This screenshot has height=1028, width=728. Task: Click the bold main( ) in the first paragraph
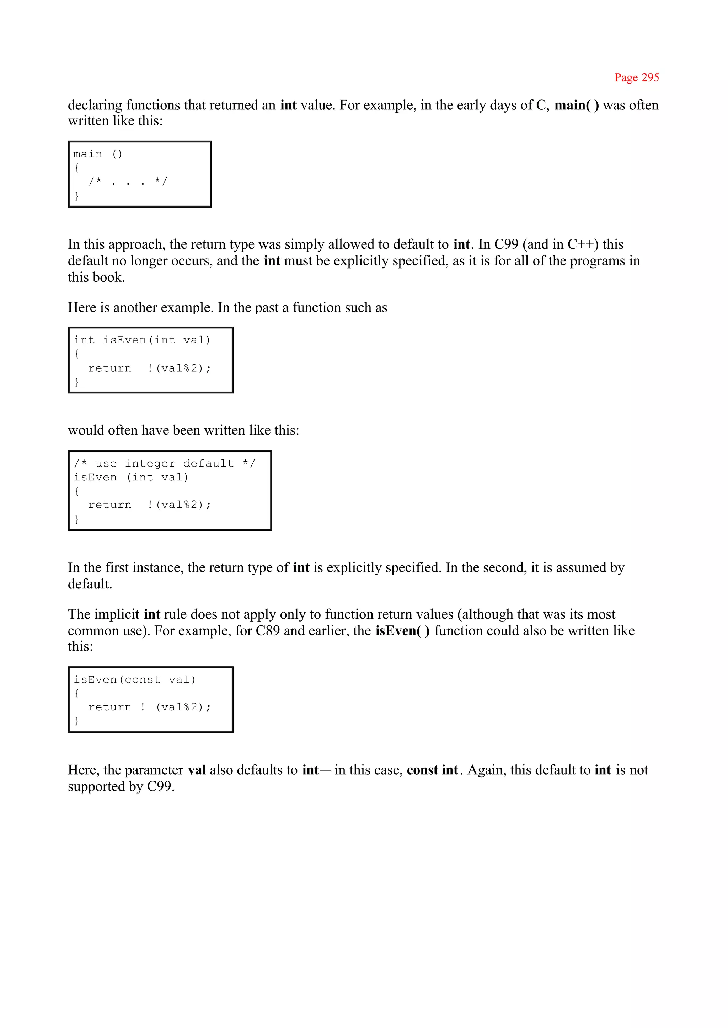(577, 105)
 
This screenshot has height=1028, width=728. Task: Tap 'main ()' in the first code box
(97, 154)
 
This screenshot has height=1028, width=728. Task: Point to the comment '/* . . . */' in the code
(128, 182)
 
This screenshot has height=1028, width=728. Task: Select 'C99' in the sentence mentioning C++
(506, 245)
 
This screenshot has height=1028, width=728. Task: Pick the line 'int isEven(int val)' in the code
(142, 340)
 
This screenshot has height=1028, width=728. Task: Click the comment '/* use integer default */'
(165, 463)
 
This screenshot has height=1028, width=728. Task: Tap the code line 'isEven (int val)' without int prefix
(131, 477)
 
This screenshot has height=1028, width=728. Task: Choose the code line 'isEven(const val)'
(134, 680)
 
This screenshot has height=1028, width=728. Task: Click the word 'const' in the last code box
(143, 680)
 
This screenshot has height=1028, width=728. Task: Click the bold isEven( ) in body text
(402, 631)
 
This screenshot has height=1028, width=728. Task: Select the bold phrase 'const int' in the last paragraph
(433, 770)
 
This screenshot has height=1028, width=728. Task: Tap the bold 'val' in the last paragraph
(197, 770)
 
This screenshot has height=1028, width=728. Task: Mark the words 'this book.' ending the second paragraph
(96, 278)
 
